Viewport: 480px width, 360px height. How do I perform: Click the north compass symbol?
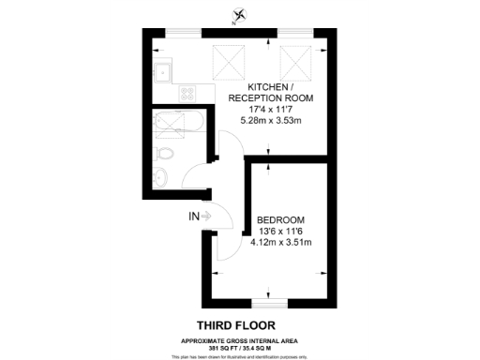(242, 14)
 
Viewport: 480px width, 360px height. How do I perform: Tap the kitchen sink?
(161, 67)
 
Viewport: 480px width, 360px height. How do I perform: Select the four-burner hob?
(187, 94)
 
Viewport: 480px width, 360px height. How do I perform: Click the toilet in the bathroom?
(164, 153)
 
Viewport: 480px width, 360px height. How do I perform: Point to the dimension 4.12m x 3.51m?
(280, 243)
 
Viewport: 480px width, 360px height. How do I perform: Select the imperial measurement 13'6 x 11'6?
(280, 232)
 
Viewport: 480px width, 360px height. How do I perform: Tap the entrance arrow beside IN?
(206, 217)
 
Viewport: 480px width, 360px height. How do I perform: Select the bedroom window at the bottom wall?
(272, 304)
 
